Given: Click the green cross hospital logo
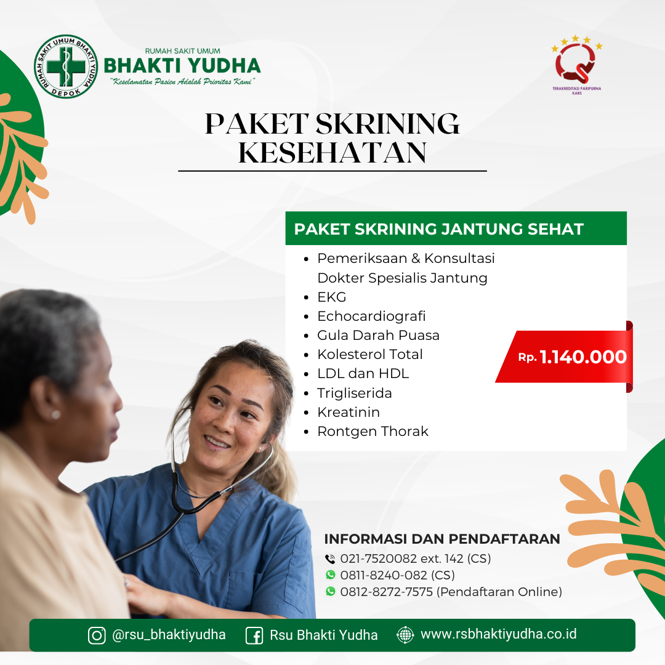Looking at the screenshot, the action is click(66, 66).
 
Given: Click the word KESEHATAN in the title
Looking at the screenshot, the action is click(332, 153).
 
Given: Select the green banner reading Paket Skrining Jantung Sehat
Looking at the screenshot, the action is click(456, 228).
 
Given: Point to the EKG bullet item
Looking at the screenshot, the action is click(332, 297).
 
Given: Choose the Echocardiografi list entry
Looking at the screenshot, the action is click(371, 316).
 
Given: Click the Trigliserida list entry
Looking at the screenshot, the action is click(355, 393).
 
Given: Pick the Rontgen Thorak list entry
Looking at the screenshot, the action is click(373, 431).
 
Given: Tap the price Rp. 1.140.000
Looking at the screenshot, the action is click(572, 357).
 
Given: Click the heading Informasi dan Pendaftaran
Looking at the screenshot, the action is click(442, 539).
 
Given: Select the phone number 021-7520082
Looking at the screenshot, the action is click(378, 558).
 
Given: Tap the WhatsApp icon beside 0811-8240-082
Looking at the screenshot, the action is click(331, 574).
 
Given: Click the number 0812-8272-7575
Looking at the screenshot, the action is click(386, 592).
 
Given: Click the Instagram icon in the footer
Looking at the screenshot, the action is click(97, 635).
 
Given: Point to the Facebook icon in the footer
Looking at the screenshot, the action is click(254, 635).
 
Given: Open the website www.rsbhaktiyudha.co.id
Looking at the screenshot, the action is click(498, 634).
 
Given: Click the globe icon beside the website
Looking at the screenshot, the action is click(405, 635).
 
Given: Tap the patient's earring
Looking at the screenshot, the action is click(55, 414).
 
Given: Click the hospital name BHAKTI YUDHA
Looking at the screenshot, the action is click(182, 66).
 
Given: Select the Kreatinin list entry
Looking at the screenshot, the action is click(349, 412).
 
